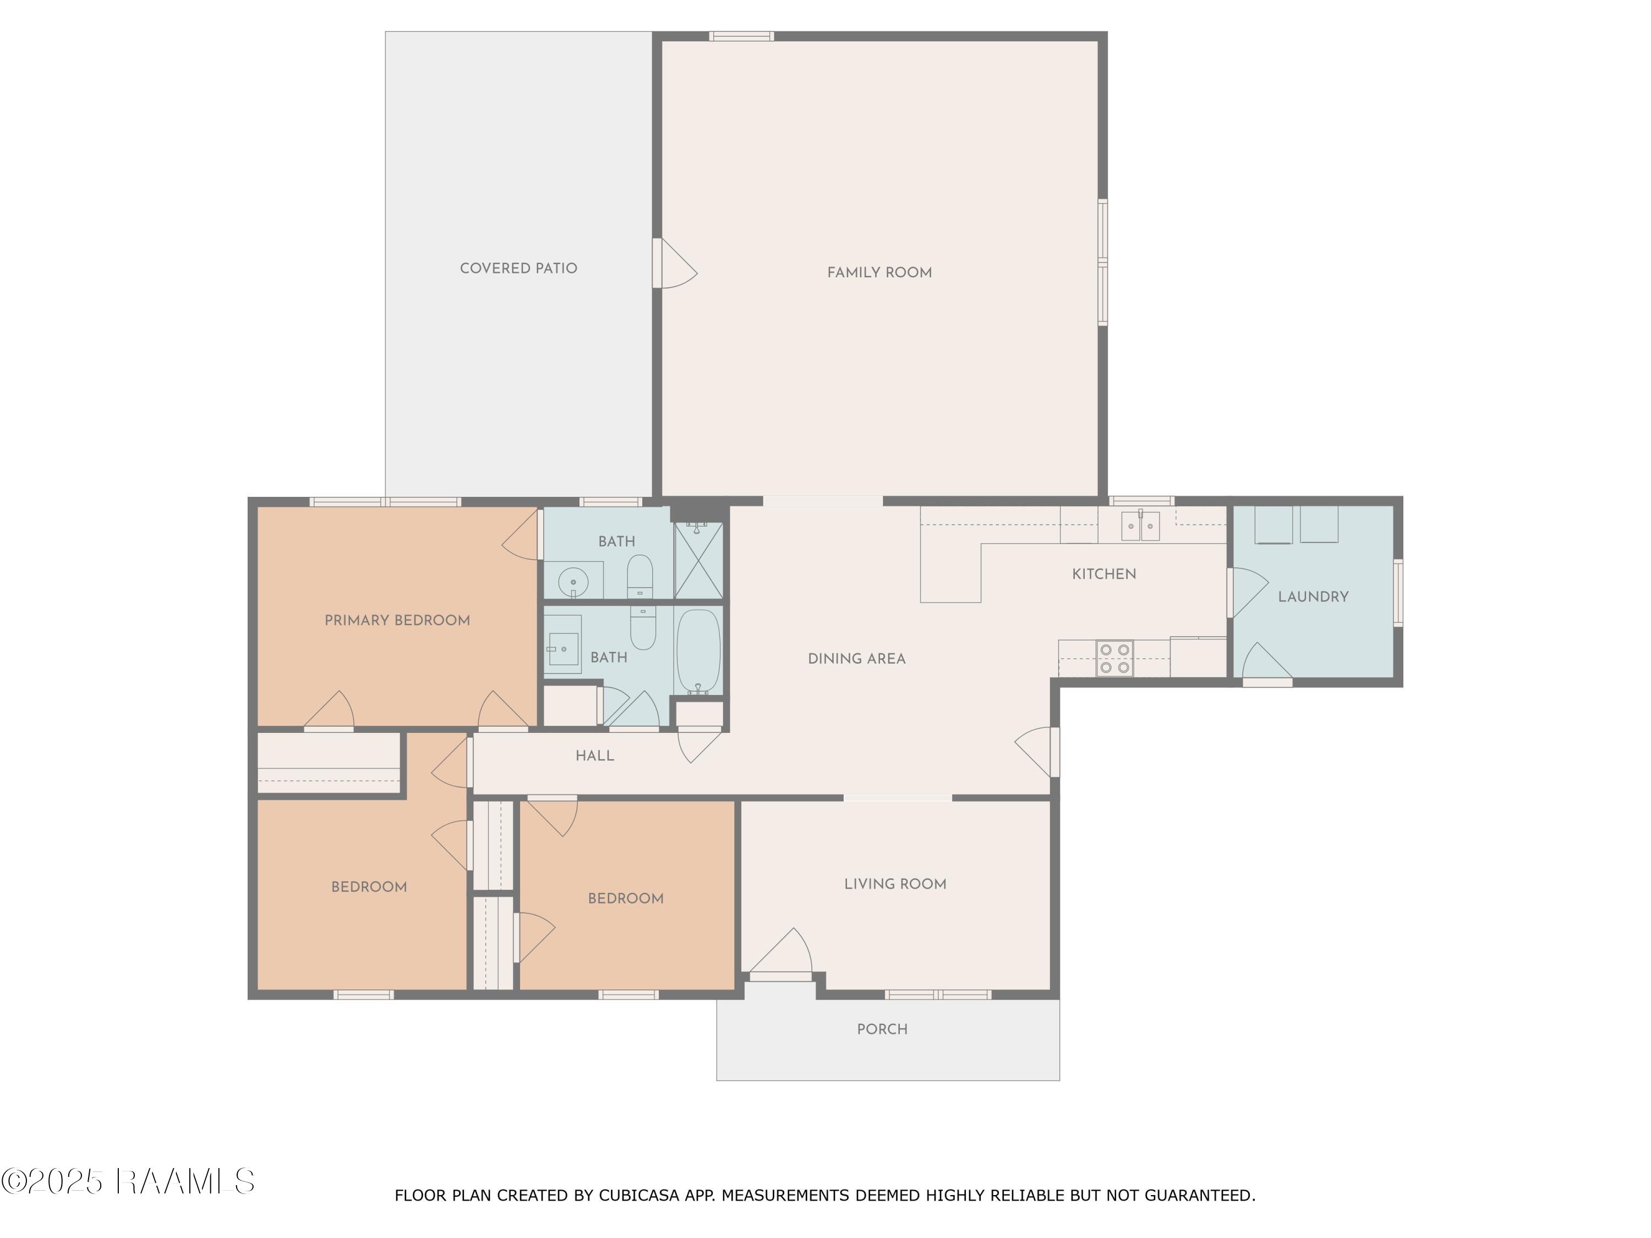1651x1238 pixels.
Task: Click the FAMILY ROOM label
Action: coord(879,272)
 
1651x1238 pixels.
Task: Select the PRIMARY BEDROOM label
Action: coord(397,620)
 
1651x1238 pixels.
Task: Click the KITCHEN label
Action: coord(1104,574)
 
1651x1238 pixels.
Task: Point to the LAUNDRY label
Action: coord(1313,596)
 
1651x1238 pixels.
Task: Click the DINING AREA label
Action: coord(857,658)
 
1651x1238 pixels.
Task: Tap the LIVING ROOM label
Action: coord(895,884)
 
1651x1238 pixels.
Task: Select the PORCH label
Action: coord(882,1029)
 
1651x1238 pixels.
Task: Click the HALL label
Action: coord(595,755)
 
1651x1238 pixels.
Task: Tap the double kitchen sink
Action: coord(1140,525)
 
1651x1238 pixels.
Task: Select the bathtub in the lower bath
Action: coord(698,652)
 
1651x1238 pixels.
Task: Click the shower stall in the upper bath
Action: coord(698,560)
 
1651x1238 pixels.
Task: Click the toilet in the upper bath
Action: coord(639,576)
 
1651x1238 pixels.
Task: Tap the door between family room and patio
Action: coord(674,262)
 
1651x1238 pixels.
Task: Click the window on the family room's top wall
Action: coord(741,36)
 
